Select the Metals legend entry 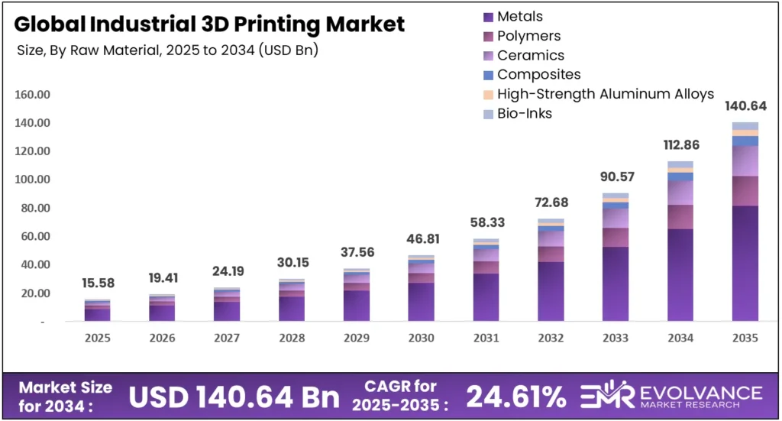519,16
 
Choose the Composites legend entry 538,74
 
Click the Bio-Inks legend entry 524,113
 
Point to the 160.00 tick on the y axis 33,95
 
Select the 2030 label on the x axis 421,337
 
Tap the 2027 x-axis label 227,337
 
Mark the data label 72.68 551,204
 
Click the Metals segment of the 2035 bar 745,264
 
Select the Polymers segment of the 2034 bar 680,217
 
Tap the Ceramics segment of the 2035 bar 745,161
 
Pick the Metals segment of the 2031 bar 486,297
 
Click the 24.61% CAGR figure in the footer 516,396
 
